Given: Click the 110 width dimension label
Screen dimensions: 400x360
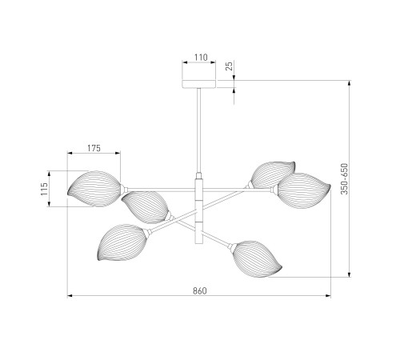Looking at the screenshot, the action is point(201,57).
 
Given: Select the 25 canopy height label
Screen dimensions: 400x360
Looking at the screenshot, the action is point(229,66).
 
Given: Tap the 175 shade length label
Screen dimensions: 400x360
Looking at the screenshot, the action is point(94,148).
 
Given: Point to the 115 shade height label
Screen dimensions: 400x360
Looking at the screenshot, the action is point(44,189).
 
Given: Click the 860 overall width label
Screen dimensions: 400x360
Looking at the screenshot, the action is point(200,290).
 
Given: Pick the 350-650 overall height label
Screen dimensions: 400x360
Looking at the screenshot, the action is point(345,178).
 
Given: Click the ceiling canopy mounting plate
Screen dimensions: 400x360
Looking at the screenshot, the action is point(199,84).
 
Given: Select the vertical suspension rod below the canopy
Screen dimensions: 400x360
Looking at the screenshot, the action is point(199,130).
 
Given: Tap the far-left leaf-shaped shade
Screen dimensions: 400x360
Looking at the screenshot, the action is point(94,189).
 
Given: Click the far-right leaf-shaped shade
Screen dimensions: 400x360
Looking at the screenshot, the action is point(304,190).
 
